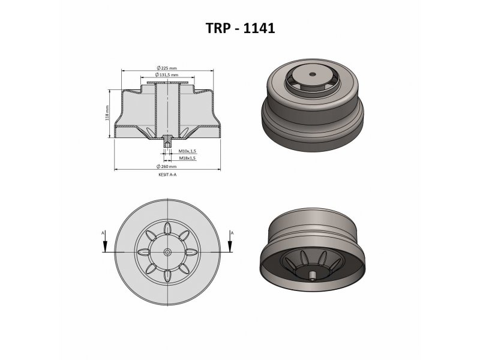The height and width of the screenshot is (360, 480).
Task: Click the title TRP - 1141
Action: tap(241, 28)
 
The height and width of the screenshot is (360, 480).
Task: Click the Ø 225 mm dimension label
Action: tap(167, 68)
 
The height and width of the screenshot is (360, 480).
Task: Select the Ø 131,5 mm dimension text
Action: tap(167, 74)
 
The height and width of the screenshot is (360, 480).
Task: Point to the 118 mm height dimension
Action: tap(107, 113)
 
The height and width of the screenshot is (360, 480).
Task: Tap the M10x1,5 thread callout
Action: tap(187, 151)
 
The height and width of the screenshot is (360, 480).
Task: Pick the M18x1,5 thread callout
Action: tap(187, 158)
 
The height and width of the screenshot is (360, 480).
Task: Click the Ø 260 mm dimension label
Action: tap(167, 167)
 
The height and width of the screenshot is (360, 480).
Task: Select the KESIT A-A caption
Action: tap(167, 175)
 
